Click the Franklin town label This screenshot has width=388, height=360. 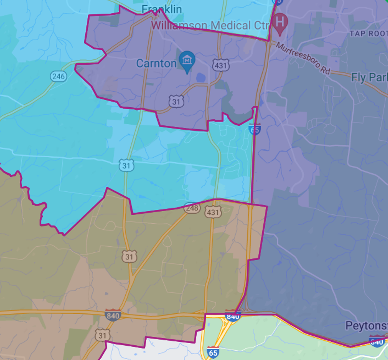pos(162,9)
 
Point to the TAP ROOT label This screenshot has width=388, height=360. pos(368,33)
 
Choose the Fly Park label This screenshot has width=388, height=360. pos(369,77)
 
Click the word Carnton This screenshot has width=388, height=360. pos(156,63)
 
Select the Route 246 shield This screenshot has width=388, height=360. pos(58,76)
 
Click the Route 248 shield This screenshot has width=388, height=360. pos(192,208)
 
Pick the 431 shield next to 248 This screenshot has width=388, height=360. pos(213,212)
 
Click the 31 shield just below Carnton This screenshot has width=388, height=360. pos(176,101)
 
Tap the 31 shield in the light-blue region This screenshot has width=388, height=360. pos(127,165)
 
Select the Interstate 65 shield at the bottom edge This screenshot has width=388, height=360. pos(213,351)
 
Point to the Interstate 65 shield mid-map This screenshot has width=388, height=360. pos(255,129)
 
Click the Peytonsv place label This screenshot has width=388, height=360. pos(366,325)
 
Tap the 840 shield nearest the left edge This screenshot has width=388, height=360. pos(113,315)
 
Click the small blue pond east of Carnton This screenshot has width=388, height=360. pos(201,78)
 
